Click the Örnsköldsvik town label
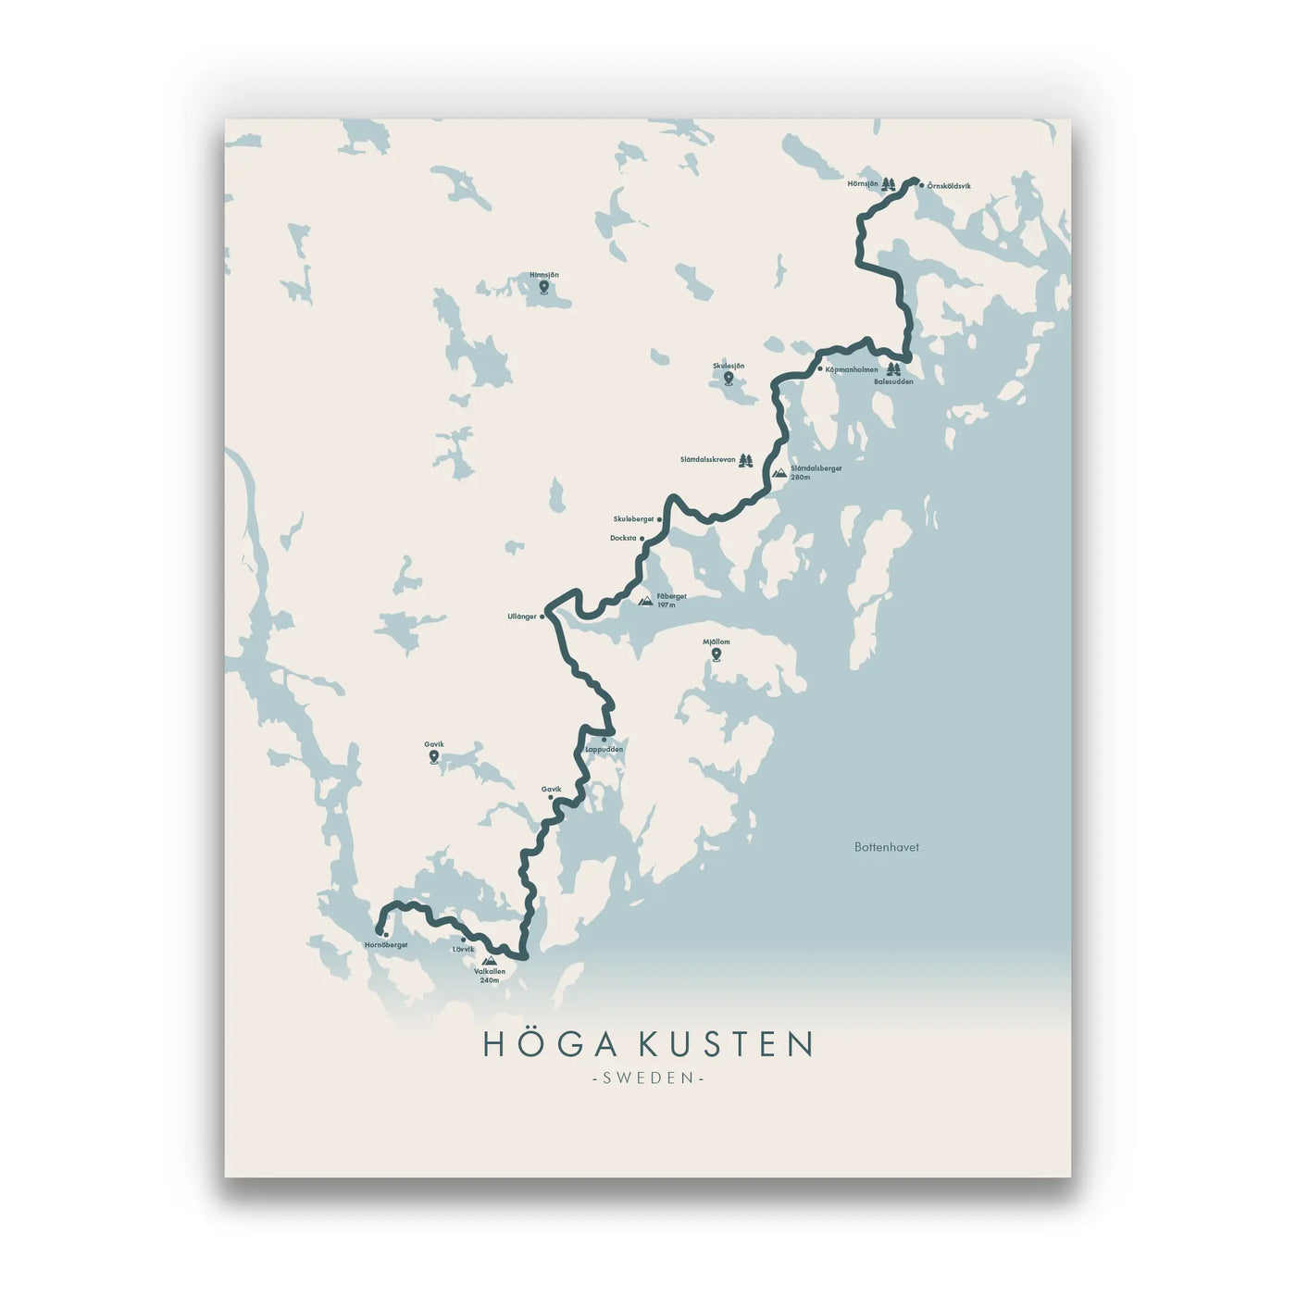click(949, 186)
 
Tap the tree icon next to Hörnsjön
click(888, 184)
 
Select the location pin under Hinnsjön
click(543, 288)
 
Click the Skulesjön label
click(729, 366)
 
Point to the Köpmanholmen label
click(851, 369)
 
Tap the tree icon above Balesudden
click(893, 369)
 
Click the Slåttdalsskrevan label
click(707, 459)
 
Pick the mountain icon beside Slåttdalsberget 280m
click(779, 472)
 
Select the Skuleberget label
click(633, 519)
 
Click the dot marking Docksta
click(642, 538)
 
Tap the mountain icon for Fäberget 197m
click(645, 601)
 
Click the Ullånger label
click(522, 617)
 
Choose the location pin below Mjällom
click(716, 654)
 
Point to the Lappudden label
click(604, 749)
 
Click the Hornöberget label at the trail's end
click(386, 945)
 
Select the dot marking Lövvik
click(464, 940)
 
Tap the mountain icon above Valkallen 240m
click(489, 961)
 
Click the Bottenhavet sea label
click(886, 847)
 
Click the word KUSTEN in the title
click(726, 1044)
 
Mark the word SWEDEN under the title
click(648, 1078)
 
